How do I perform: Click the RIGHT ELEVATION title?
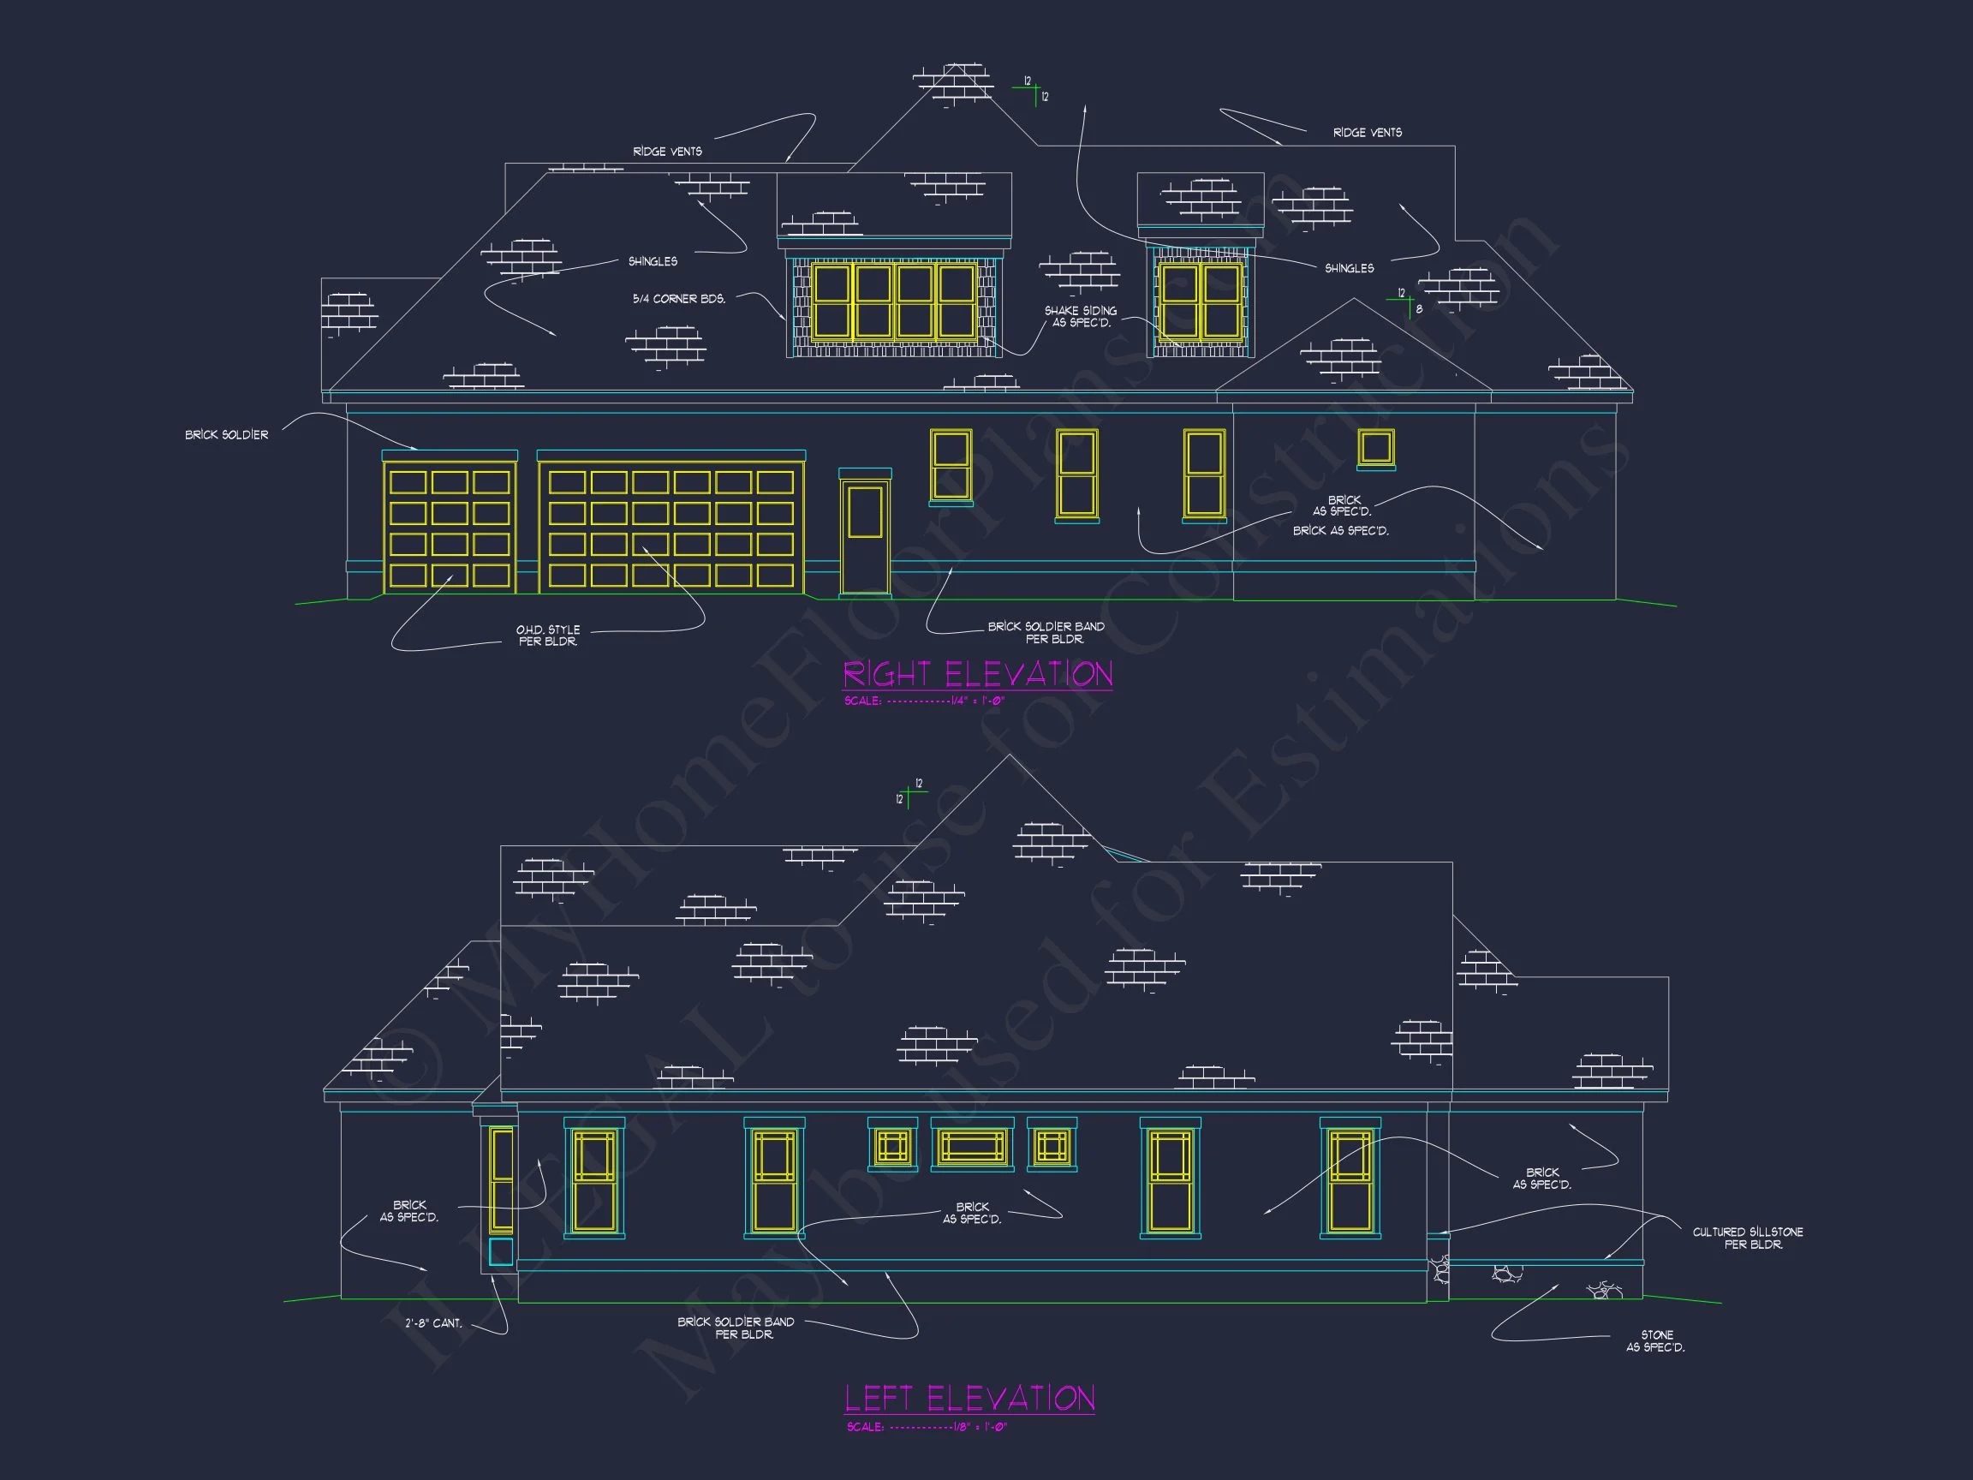[x=978, y=674]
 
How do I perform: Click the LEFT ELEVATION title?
[x=969, y=1398]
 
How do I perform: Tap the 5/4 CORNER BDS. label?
[x=679, y=299]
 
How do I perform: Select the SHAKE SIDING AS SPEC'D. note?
[x=1081, y=317]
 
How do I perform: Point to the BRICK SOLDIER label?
[x=227, y=434]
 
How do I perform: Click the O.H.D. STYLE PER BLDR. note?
[x=548, y=636]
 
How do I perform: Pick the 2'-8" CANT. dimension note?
[x=433, y=1323]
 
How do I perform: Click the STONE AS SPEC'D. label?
[x=1655, y=1341]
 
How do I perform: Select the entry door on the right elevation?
[x=865, y=535]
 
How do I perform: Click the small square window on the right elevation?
[x=1375, y=448]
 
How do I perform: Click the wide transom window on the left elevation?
[x=972, y=1145]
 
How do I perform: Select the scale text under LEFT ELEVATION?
[x=927, y=1428]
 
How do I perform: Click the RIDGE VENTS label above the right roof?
[x=1367, y=133]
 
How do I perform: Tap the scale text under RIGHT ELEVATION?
[x=924, y=701]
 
